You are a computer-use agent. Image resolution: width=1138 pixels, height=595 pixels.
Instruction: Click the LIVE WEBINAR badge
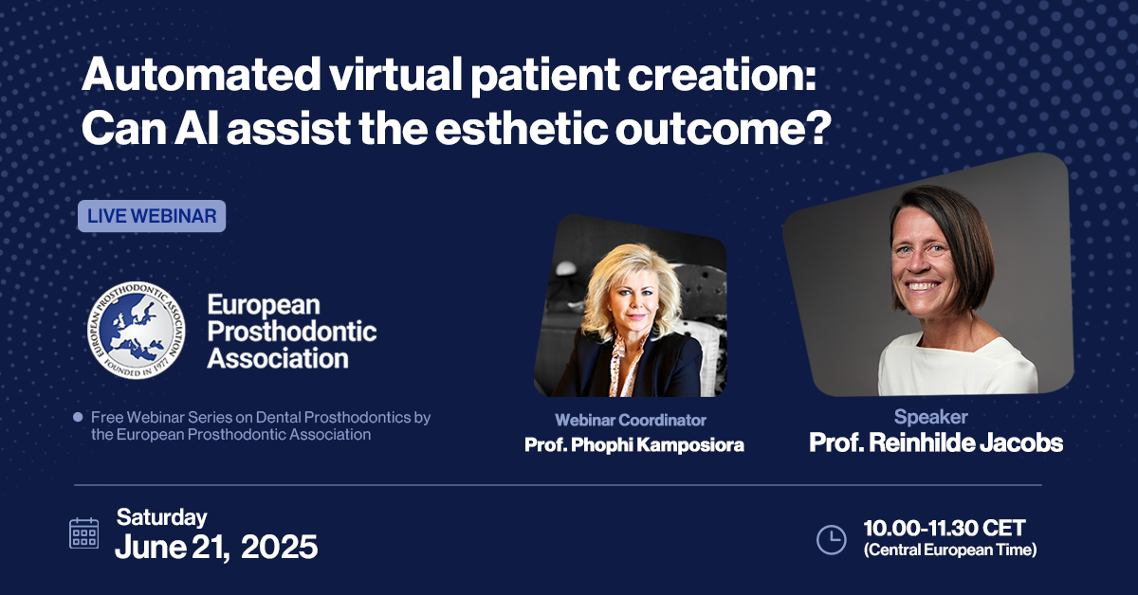(x=152, y=216)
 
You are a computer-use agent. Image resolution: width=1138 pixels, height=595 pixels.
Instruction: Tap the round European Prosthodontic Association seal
(x=136, y=330)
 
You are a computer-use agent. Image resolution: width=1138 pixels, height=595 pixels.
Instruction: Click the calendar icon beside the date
(x=83, y=533)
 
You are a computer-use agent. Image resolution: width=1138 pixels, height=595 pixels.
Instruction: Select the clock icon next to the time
(x=831, y=540)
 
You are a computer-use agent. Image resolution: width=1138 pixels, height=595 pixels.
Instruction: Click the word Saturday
(x=161, y=517)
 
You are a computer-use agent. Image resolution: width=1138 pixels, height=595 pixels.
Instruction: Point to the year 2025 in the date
(x=279, y=547)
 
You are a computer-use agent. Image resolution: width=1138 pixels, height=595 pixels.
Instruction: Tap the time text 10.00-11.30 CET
(x=945, y=528)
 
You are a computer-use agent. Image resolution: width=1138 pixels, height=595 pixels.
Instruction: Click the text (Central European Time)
(x=950, y=550)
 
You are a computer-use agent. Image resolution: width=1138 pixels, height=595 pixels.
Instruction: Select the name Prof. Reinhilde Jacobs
(x=936, y=442)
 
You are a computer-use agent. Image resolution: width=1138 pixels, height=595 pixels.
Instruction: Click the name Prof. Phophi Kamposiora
(x=634, y=444)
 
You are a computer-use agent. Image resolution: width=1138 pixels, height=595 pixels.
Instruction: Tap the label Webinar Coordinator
(x=631, y=420)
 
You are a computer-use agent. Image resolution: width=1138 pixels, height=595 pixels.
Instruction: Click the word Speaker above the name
(x=930, y=417)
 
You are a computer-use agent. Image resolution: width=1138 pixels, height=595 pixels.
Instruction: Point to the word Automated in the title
(x=201, y=74)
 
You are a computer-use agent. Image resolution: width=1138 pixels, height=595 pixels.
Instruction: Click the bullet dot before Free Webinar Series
(x=78, y=417)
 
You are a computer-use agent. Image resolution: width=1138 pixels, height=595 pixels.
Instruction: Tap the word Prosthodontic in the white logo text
(x=292, y=332)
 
